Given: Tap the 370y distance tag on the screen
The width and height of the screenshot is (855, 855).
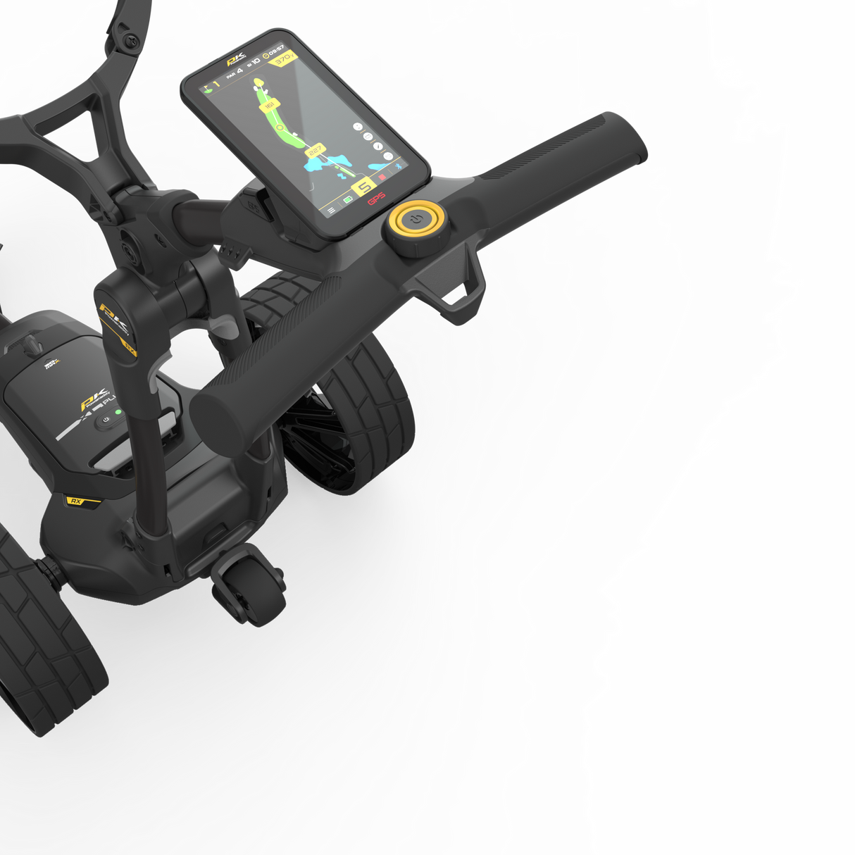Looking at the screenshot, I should pos(283,59).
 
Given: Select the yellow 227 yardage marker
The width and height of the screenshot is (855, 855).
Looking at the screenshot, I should pos(314,151).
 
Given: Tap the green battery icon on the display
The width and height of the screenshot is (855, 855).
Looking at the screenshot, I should pos(348,201).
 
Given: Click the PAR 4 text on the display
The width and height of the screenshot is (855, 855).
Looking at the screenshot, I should pos(235,73).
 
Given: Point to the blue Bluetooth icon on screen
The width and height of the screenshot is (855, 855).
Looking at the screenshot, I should pos(397,166).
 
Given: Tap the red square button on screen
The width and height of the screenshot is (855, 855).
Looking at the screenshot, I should pos(382,179).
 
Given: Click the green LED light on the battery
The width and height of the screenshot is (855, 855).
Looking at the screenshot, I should pos(118,412).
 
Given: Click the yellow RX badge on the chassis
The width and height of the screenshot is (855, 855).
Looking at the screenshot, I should pos(75,501).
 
